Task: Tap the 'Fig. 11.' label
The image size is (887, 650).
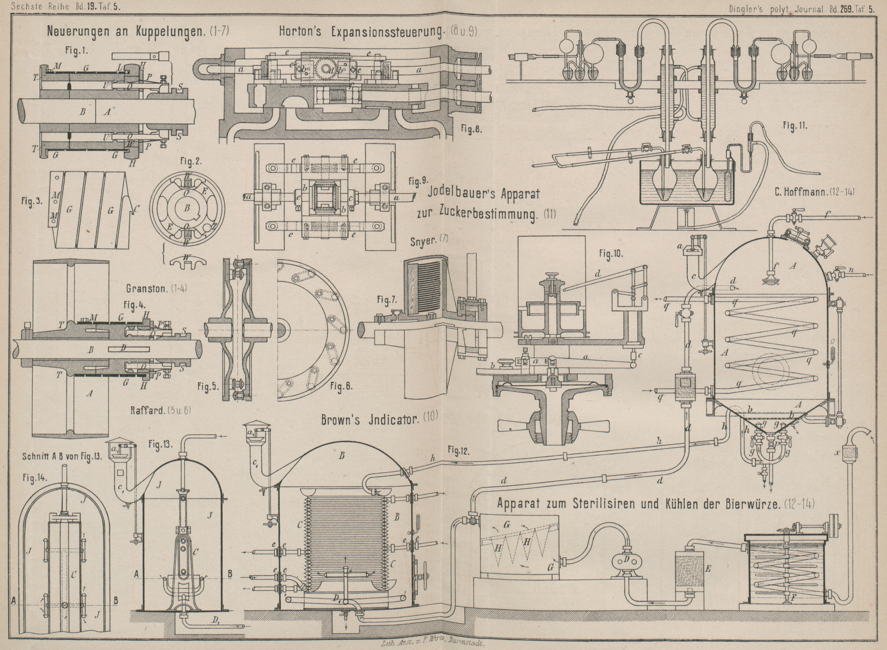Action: [795, 126]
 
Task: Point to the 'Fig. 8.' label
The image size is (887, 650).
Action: [471, 129]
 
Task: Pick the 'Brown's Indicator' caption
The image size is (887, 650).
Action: [370, 419]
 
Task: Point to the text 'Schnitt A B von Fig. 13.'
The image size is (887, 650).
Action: [62, 455]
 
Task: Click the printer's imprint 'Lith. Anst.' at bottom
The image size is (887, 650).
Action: [430, 643]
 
